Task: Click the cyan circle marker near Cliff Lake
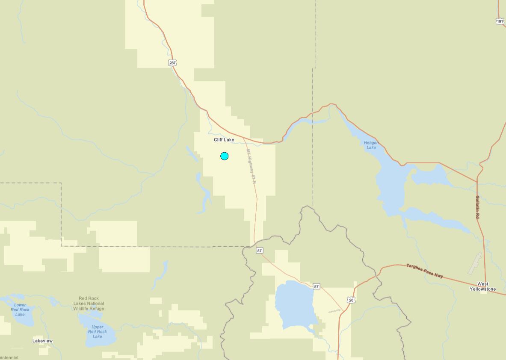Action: [224, 156]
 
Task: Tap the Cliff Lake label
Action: [224, 140]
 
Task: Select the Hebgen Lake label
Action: [371, 145]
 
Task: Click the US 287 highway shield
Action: [172, 63]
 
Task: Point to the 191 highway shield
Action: [500, 21]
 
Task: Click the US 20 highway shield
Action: [351, 300]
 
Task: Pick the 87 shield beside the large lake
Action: [316, 286]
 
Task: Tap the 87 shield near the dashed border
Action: [260, 251]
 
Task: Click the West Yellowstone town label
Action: [482, 286]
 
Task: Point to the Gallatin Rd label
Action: [477, 207]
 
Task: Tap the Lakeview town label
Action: [43, 341]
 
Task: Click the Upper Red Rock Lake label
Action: [97, 331]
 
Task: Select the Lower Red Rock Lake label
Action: [20, 310]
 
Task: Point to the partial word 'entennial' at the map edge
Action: [9, 357]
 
